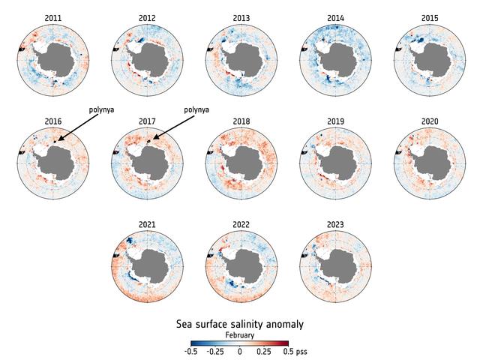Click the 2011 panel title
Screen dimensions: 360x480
point(53,17)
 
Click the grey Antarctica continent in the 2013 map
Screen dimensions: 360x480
point(244,58)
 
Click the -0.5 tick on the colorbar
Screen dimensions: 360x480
point(192,351)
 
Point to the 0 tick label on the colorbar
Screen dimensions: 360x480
point(240,351)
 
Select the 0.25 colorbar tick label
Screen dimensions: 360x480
point(264,351)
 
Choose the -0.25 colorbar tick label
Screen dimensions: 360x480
point(215,351)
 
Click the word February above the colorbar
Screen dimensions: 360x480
point(240,334)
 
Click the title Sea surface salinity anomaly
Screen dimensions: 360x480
point(240,324)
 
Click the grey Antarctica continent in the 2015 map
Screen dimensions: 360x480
point(433,58)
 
